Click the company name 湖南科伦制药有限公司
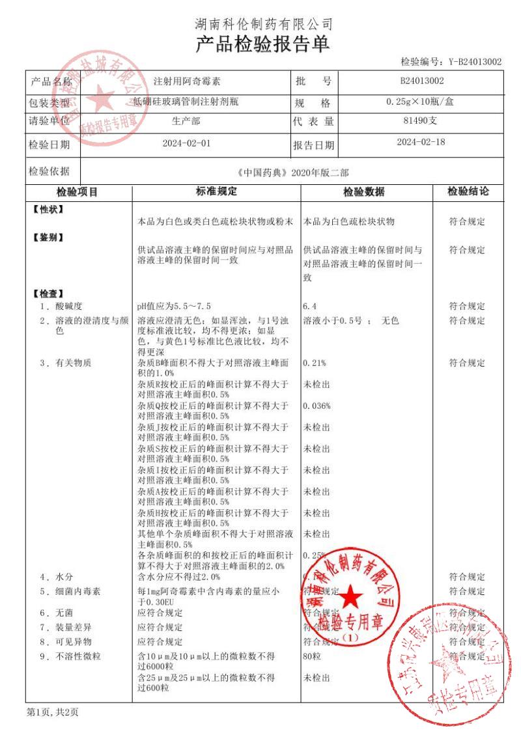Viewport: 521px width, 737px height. click(264, 25)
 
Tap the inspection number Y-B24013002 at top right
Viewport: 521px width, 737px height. click(474, 62)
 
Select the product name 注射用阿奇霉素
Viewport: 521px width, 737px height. click(187, 82)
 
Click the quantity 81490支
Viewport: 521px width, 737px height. click(422, 120)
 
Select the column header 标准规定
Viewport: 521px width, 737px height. click(217, 191)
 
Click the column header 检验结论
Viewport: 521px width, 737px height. click(468, 191)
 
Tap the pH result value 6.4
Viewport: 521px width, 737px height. click(310, 305)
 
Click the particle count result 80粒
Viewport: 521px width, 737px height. click(313, 656)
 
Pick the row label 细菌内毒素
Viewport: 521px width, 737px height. click(76, 592)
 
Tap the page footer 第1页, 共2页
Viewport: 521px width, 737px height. click(53, 712)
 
